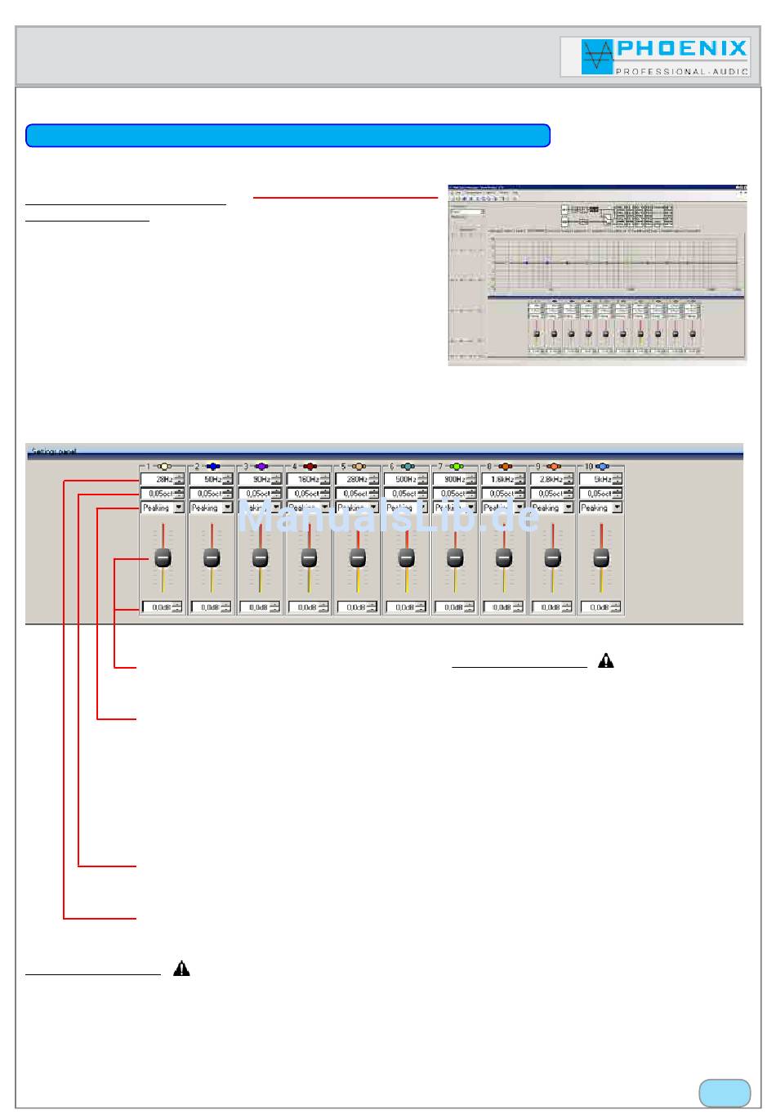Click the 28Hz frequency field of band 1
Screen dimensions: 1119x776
click(x=158, y=480)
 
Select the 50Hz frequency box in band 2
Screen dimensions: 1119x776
click(x=207, y=480)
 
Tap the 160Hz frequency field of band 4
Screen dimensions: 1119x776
click(x=304, y=480)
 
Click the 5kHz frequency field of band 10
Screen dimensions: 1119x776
click(x=596, y=480)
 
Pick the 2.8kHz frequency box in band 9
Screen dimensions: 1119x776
click(x=547, y=480)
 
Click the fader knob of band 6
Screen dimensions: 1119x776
click(x=406, y=557)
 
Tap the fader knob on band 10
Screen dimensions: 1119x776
click(x=601, y=557)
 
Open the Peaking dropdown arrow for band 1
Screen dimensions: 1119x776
click(x=179, y=508)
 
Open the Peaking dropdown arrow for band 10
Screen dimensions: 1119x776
click(x=617, y=508)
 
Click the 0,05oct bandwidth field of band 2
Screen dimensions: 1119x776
click(x=207, y=494)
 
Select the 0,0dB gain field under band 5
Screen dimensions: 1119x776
click(x=352, y=607)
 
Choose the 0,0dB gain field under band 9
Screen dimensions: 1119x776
click(x=547, y=607)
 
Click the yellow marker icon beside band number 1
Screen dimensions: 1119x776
click(x=163, y=467)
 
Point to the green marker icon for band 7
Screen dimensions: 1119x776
click(x=456, y=467)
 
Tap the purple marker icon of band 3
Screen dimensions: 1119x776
click(x=261, y=467)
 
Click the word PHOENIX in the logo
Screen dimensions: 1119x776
click(x=682, y=49)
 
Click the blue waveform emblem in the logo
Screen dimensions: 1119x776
click(x=597, y=57)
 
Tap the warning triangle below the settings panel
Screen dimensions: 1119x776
click(x=605, y=661)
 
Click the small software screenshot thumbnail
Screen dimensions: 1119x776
click(x=597, y=274)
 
